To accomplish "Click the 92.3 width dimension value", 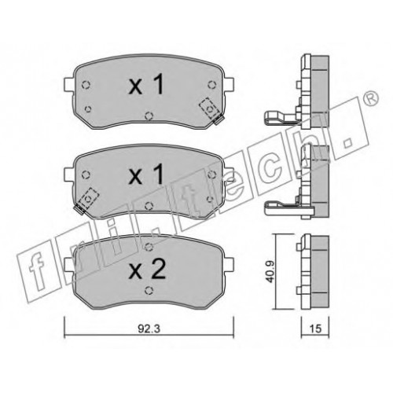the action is click(x=149, y=329).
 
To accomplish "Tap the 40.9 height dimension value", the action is click(x=270, y=272).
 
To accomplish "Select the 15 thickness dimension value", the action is click(x=316, y=329).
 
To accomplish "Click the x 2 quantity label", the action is click(x=147, y=269).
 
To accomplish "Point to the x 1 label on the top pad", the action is click(x=146, y=84).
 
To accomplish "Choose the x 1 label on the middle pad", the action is click(x=146, y=174).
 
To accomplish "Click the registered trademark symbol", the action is click(x=372, y=99).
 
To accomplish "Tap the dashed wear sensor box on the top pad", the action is click(x=209, y=108).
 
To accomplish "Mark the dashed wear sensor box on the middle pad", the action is click(x=89, y=198).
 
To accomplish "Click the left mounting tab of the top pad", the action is click(x=68, y=84).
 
